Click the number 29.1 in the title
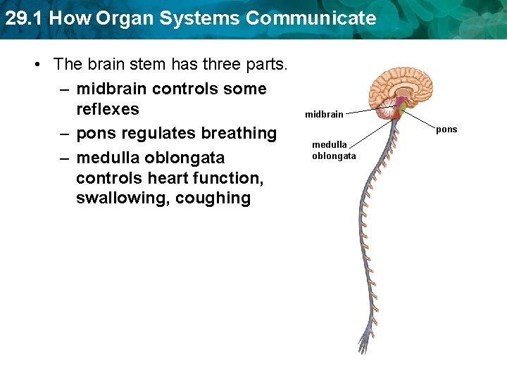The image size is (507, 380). click(x=24, y=18)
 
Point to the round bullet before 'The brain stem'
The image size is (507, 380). click(x=38, y=65)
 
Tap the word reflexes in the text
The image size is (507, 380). click(x=107, y=109)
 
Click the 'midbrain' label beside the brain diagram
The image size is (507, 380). click(x=324, y=114)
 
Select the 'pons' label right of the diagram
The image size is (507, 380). click(x=446, y=129)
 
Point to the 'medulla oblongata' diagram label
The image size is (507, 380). click(x=334, y=150)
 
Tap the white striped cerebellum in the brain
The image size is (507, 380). click(x=386, y=110)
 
